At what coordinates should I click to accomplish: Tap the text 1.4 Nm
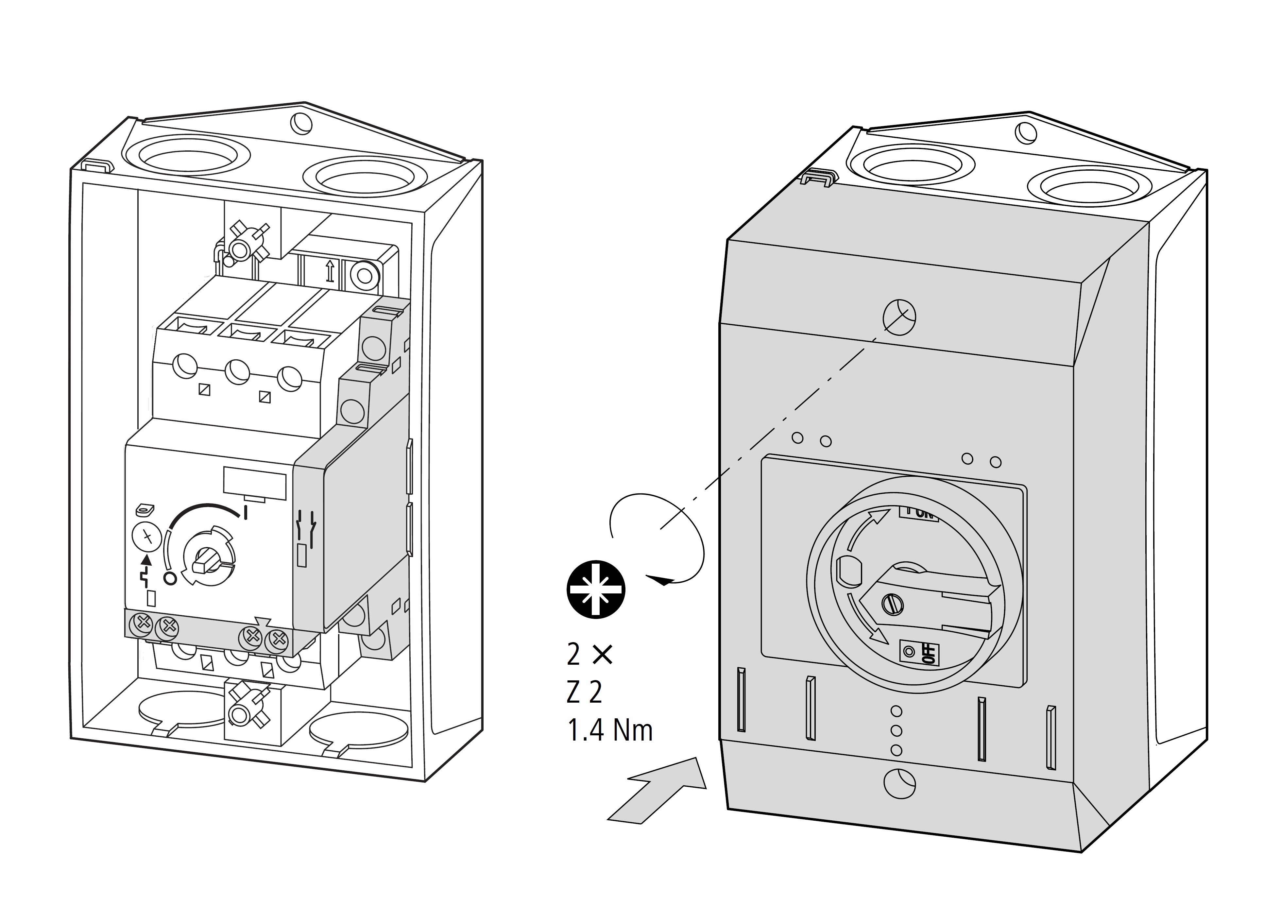[x=609, y=730]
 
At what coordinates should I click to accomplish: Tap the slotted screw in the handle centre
[x=892, y=604]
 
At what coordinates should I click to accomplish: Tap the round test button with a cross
[x=146, y=537]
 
